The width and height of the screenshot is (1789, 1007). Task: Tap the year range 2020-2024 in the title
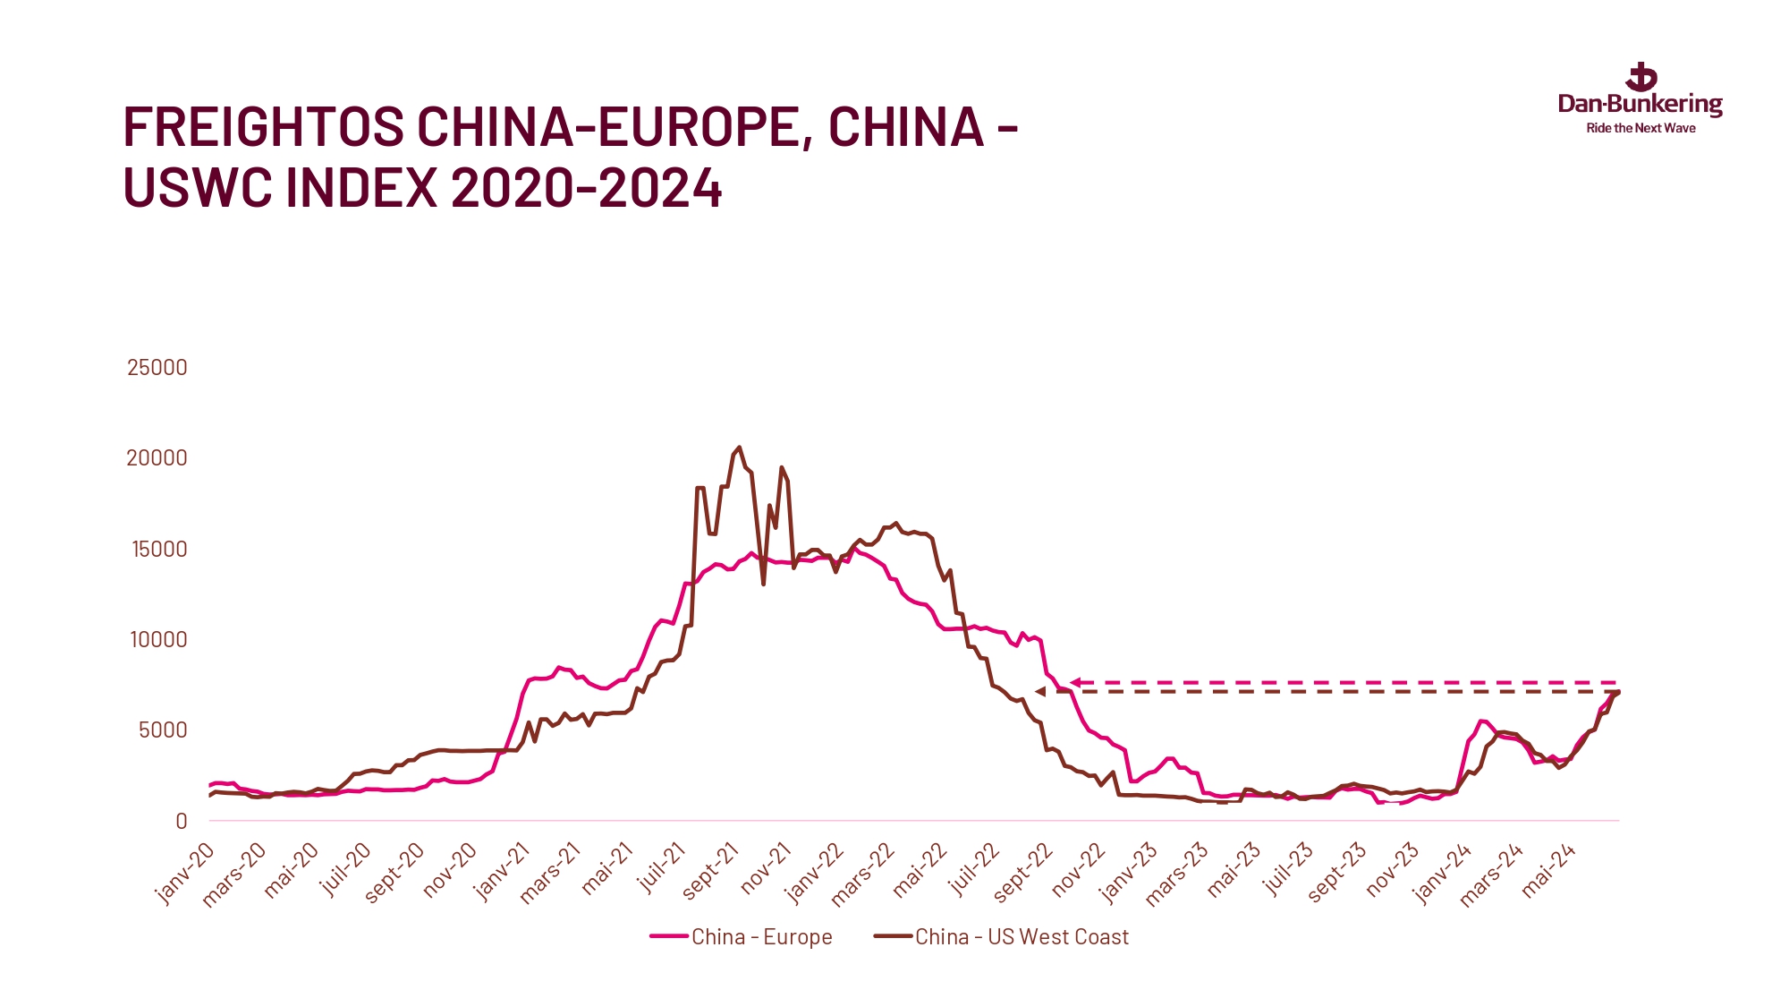(586, 188)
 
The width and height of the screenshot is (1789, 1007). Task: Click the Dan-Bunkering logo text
(1640, 104)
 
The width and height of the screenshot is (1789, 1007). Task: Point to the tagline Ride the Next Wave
(1641, 128)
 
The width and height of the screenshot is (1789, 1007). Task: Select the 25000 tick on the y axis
(157, 367)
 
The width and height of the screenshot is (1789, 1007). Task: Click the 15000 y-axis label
(159, 549)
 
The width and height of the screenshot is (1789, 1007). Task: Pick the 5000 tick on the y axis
(163, 730)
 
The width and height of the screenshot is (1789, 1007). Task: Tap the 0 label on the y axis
(182, 821)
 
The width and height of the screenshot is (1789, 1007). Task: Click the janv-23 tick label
(1129, 873)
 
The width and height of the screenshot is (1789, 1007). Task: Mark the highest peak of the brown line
(739, 448)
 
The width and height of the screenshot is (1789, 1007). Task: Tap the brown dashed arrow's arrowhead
(1040, 691)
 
